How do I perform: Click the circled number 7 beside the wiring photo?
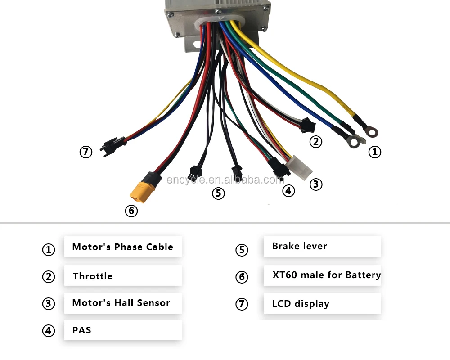point(86,152)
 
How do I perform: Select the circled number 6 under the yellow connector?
point(131,211)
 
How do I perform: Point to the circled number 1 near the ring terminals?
point(374,152)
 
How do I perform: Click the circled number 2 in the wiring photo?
point(316,142)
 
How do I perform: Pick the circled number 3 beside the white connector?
point(316,184)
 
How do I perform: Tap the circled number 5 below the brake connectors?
point(218,193)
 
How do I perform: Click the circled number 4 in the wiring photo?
point(288,191)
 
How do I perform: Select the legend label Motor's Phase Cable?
point(122,247)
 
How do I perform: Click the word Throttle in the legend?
point(93,276)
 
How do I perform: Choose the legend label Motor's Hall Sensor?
point(121,303)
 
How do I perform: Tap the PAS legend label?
point(81,330)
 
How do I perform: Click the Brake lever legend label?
point(299,246)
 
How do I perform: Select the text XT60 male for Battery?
point(326,275)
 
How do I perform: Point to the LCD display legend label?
point(301,304)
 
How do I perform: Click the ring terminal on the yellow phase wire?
point(371,131)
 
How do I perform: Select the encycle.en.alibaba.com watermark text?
point(225,180)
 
